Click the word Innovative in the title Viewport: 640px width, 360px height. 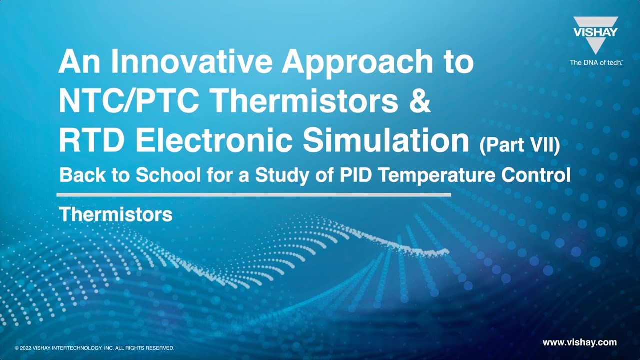point(191,61)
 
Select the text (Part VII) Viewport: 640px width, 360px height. point(520,145)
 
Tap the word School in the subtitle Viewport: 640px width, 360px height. point(168,175)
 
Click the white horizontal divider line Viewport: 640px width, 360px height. point(254,195)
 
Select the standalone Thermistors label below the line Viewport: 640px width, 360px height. point(116,215)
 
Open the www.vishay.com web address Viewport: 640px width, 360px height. point(579,342)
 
